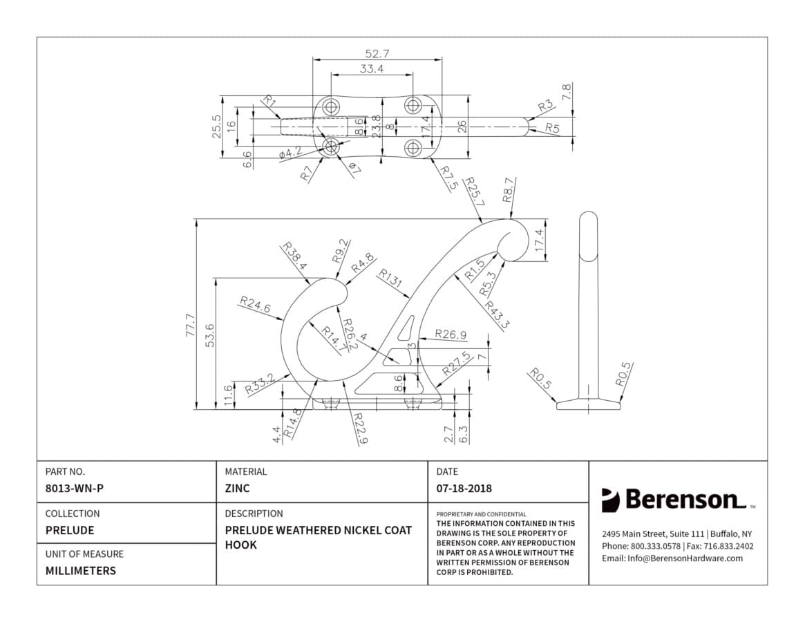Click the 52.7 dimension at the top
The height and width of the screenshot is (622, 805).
pos(377,53)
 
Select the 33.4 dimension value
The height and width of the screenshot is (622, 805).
pos(371,68)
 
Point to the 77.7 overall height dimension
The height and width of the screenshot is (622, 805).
pos(190,325)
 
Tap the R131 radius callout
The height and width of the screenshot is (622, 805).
pos(390,278)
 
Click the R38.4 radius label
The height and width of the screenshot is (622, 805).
pos(294,256)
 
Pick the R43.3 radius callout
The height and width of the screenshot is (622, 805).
pos(496,315)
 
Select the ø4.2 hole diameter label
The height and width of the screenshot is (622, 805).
pos(291,152)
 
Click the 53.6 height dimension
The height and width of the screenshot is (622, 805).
pos(209,335)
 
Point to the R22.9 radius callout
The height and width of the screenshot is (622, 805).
pos(361,428)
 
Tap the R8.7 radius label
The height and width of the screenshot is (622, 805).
pos(509,189)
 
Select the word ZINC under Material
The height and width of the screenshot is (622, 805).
pos(237,488)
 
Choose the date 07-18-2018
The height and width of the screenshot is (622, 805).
pos(464,488)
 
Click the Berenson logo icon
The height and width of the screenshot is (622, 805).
pos(610,500)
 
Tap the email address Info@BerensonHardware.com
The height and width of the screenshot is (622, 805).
pos(685,558)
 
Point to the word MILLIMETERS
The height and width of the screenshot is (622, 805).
pos(81,571)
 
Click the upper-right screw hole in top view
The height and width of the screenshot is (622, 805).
pos(412,105)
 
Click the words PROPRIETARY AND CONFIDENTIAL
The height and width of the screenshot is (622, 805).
pos(481,514)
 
